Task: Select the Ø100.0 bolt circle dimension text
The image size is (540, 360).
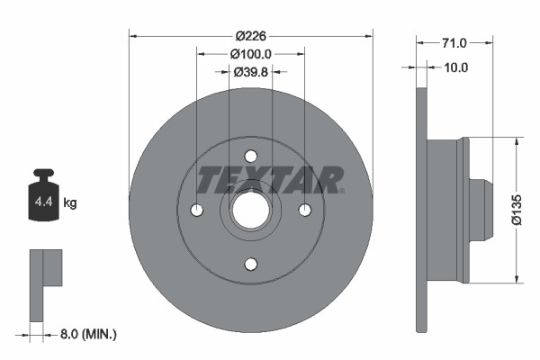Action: click(x=252, y=54)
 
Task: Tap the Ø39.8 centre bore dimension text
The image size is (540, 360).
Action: click(x=251, y=72)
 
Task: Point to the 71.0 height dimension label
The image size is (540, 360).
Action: click(x=454, y=42)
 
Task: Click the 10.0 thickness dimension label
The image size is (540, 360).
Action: click(x=456, y=67)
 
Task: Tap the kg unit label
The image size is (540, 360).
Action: click(x=70, y=202)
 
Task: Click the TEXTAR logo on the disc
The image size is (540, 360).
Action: click(x=269, y=179)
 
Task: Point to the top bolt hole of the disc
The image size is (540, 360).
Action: click(x=251, y=156)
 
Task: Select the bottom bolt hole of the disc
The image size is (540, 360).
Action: click(x=251, y=264)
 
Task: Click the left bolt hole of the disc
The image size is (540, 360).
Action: click(x=197, y=210)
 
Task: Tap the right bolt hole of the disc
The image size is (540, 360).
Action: click(x=305, y=210)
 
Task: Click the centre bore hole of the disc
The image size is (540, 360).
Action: click(x=251, y=210)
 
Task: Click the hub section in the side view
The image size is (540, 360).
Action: click(x=450, y=210)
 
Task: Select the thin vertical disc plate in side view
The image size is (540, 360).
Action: click(x=420, y=210)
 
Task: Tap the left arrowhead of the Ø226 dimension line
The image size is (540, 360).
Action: click(x=134, y=36)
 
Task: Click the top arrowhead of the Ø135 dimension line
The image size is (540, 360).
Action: click(x=517, y=141)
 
